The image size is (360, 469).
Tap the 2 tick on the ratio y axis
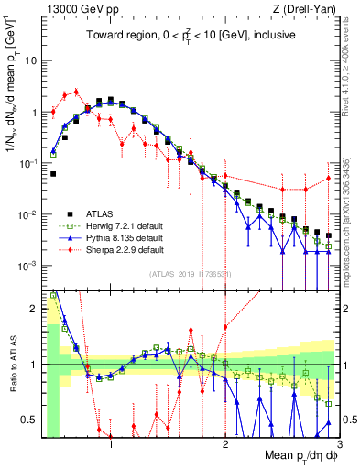35,309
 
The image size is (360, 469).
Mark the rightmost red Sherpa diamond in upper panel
328,178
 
